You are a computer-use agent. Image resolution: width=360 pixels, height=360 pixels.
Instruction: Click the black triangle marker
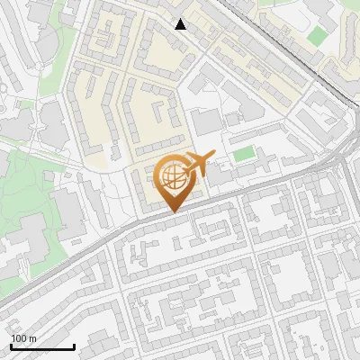pos(181,24)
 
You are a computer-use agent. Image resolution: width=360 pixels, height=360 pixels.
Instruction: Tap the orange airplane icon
pos(198,164)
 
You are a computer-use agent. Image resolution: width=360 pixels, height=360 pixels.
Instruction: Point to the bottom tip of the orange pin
pos(173,212)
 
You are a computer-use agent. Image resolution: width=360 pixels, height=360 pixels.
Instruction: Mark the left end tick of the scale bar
pos(11,346)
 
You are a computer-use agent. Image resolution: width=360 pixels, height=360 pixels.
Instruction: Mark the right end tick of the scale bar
pos(74,346)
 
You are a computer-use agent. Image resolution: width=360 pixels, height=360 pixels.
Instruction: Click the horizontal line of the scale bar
pos(42,347)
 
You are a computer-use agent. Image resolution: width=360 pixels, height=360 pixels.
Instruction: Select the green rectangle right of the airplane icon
pos(244,154)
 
